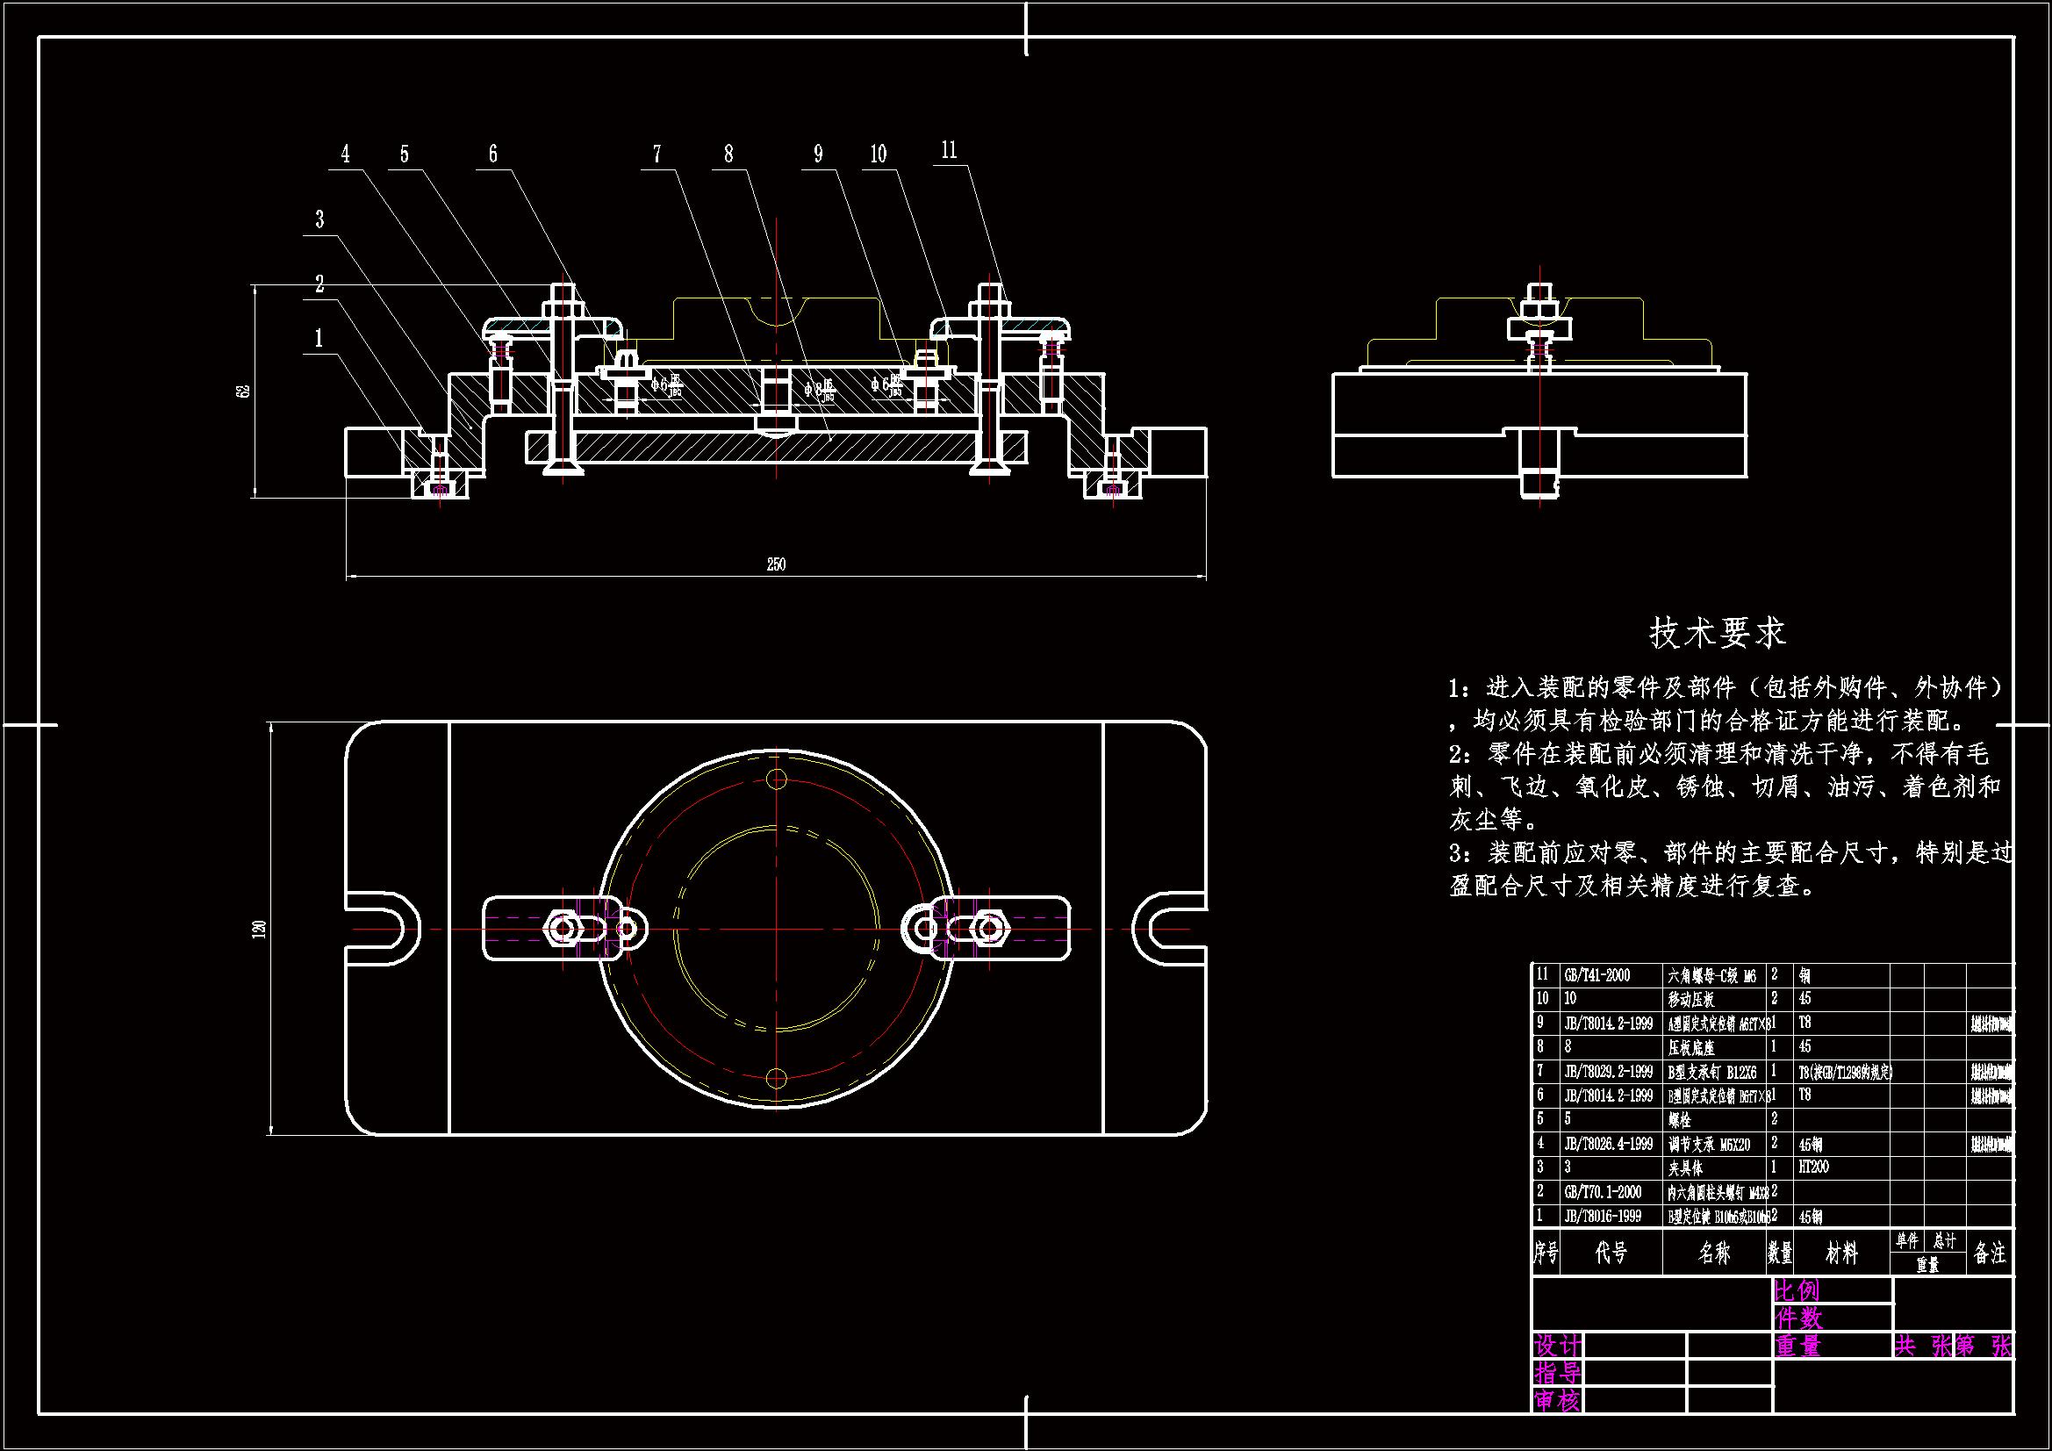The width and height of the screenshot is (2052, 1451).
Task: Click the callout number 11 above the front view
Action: pos(949,150)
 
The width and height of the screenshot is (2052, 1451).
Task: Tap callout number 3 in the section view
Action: pos(320,220)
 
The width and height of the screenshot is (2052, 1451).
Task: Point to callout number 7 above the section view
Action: pos(656,154)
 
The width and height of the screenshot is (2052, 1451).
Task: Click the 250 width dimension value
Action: pos(776,564)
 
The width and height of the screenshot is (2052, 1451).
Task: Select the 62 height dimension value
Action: pos(243,391)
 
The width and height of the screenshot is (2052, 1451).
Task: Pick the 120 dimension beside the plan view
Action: pos(259,928)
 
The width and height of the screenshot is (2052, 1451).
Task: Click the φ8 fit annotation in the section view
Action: pos(819,388)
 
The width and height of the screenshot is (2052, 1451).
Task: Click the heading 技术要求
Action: pos(1717,633)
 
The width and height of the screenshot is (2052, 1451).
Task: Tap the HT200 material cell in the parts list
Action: pos(1813,1167)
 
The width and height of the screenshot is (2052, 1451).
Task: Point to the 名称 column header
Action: pos(1714,1253)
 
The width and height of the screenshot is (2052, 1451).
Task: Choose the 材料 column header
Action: pos(1841,1253)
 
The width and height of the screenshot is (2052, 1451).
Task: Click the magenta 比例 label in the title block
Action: pos(1797,1290)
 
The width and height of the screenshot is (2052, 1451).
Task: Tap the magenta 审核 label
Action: pos(1557,1400)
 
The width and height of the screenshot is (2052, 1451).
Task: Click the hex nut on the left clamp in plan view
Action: pos(563,929)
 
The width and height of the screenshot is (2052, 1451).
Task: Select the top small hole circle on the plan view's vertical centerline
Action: pos(777,779)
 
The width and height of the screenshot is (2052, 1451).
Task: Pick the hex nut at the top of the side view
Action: pos(1539,309)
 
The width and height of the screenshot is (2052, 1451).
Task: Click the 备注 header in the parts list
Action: pos(1990,1253)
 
